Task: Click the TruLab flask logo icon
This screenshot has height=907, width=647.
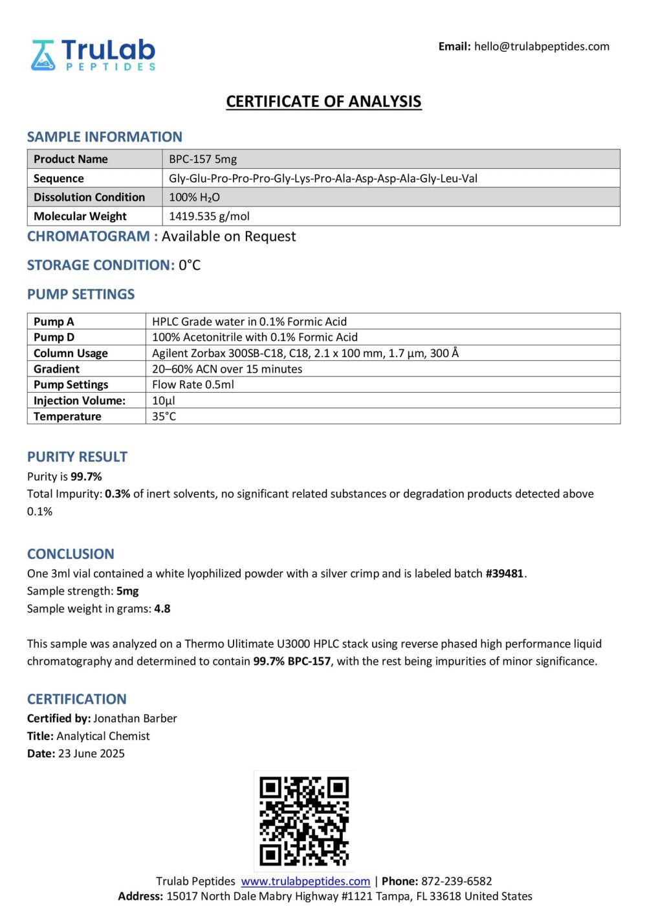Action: point(43,55)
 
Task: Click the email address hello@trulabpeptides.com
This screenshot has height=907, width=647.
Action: point(542,47)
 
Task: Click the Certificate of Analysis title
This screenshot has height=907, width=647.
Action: point(323,102)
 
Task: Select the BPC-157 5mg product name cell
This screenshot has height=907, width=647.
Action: point(203,159)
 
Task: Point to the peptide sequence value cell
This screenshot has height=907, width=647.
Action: point(323,179)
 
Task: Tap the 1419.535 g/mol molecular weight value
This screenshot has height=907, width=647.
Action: point(209,216)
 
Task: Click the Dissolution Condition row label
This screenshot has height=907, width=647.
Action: point(89,197)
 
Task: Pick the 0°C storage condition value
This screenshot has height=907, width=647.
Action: point(190,265)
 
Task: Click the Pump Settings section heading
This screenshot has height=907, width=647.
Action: point(81,294)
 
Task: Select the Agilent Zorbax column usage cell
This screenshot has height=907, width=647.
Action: point(305,353)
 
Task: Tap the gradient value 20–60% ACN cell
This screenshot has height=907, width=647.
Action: point(227,369)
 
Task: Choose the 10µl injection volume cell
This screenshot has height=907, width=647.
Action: point(164,400)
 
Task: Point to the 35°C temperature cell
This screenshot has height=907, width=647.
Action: point(164,416)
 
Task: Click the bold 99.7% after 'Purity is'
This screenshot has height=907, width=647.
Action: point(86,477)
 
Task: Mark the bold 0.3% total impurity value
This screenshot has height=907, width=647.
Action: point(117,494)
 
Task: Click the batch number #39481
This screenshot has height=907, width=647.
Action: point(504,573)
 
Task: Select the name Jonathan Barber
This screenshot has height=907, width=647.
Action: point(135,718)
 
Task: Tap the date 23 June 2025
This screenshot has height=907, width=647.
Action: point(91,753)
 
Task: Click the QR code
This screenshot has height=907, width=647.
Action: point(304,821)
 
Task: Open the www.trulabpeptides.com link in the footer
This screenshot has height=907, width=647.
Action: point(305,881)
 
